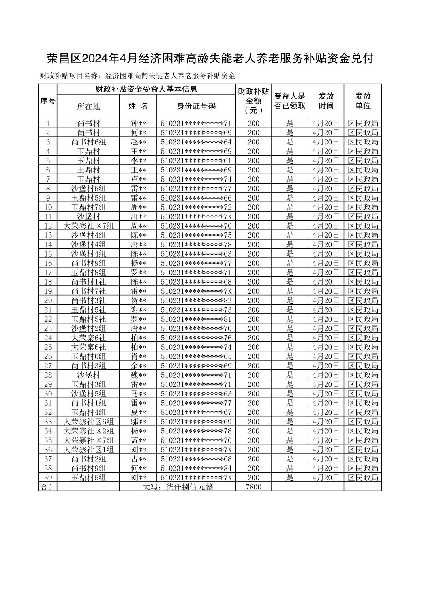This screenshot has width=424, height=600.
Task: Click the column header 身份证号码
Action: (196, 106)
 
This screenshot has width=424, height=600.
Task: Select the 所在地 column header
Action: (88, 107)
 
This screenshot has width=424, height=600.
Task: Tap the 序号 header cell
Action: (48, 101)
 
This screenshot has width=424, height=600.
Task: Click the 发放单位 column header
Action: (363, 101)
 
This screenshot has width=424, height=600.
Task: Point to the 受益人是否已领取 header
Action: (290, 101)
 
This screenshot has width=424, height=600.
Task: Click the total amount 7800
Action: (253, 487)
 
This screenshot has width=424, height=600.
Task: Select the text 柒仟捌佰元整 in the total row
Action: (189, 487)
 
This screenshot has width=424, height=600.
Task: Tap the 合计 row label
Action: (48, 487)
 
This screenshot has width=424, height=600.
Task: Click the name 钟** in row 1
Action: (138, 123)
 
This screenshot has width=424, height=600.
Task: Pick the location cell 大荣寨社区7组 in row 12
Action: (88, 226)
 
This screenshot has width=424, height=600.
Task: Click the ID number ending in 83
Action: (196, 300)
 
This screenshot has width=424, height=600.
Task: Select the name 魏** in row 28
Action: (138, 375)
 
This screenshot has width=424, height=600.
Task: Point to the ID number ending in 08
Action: (196, 459)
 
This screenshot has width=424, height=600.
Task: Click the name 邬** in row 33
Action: (138, 422)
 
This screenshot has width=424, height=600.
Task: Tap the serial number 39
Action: (48, 478)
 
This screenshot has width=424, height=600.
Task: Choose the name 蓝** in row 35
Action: (138, 440)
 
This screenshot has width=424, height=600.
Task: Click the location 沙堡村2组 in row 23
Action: (88, 328)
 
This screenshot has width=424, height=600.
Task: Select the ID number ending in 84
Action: (196, 468)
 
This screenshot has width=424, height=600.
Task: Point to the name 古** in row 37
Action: (138, 459)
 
